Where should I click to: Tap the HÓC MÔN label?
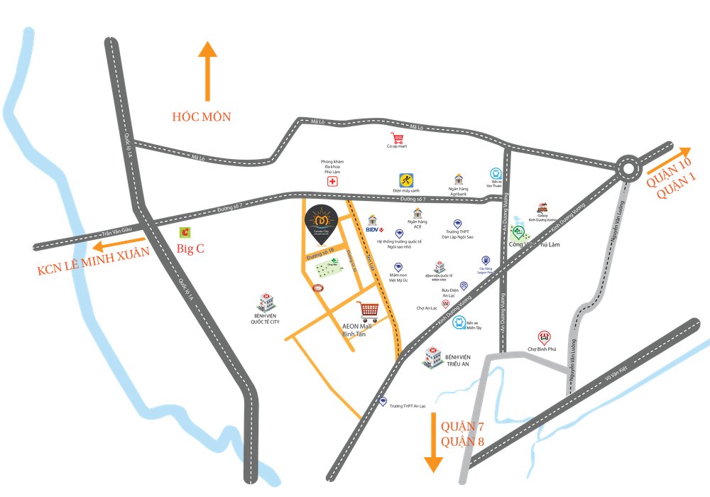pyautogui.click(x=202, y=116)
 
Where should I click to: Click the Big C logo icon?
pyautogui.click(x=185, y=231)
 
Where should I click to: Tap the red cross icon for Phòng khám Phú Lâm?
pyautogui.click(x=332, y=181)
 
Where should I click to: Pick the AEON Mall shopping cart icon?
pyautogui.click(x=368, y=310)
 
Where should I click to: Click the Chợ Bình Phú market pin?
pyautogui.click(x=545, y=336)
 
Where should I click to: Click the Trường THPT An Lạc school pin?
pyautogui.click(x=383, y=401)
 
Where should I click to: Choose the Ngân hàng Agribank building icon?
pyautogui.click(x=459, y=179)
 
